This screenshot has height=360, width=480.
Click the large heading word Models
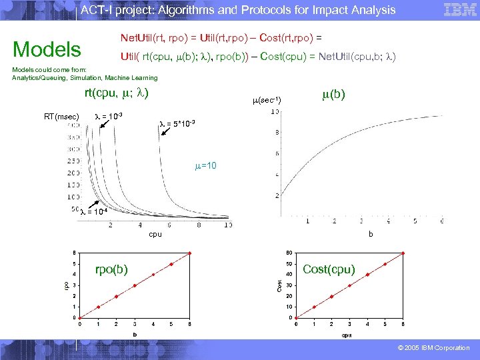pyautogui.click(x=47, y=49)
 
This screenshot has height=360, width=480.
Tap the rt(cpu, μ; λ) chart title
pyautogui.click(x=116, y=93)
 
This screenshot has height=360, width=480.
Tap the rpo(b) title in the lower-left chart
pyautogui.click(x=111, y=269)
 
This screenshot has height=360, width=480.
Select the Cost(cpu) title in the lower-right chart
pyautogui.click(x=329, y=269)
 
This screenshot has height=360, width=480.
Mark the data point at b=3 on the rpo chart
pyautogui.click(x=135, y=285)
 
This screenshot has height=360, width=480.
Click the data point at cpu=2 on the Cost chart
pyautogui.click(x=331, y=297)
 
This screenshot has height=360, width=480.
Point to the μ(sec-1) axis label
pyautogui.click(x=266, y=100)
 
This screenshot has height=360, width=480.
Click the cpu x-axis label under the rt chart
pyautogui.click(x=155, y=234)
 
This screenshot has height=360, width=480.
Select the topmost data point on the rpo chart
pyautogui.click(x=190, y=253)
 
